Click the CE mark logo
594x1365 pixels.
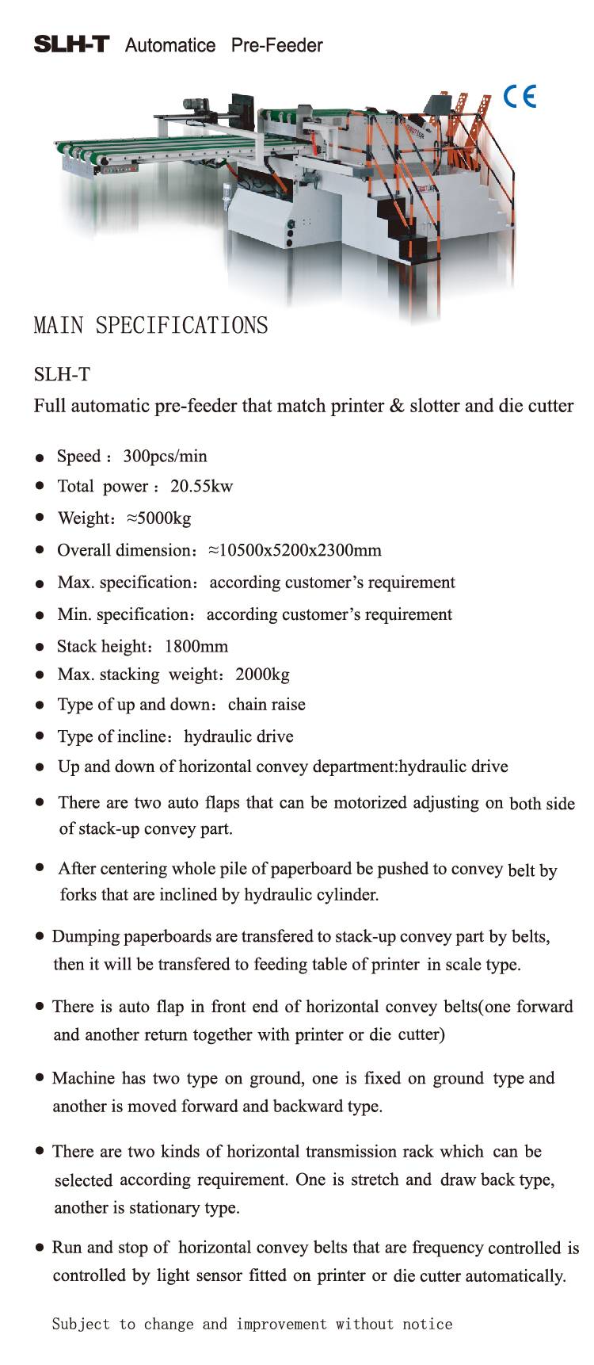pyautogui.click(x=520, y=97)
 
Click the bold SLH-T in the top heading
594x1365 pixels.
pyautogui.click(x=70, y=44)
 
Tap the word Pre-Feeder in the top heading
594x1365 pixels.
pyautogui.click(x=276, y=45)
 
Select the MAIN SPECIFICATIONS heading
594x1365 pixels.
pyautogui.click(x=150, y=326)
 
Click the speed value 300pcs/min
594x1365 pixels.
pyautogui.click(x=165, y=456)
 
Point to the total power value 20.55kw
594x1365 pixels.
pyautogui.click(x=201, y=486)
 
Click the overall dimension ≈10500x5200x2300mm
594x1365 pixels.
pyautogui.click(x=294, y=550)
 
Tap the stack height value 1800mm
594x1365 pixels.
pyautogui.click(x=196, y=646)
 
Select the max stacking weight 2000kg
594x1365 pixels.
pyautogui.click(x=262, y=675)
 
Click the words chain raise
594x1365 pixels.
pyautogui.click(x=266, y=705)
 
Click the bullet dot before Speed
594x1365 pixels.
pyautogui.click(x=39, y=457)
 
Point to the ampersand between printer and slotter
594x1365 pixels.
pyautogui.click(x=397, y=406)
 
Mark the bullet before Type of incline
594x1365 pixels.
pyautogui.click(x=39, y=736)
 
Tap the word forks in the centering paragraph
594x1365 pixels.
pyautogui.click(x=78, y=895)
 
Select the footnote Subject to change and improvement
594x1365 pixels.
pyautogui.click(x=252, y=1324)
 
